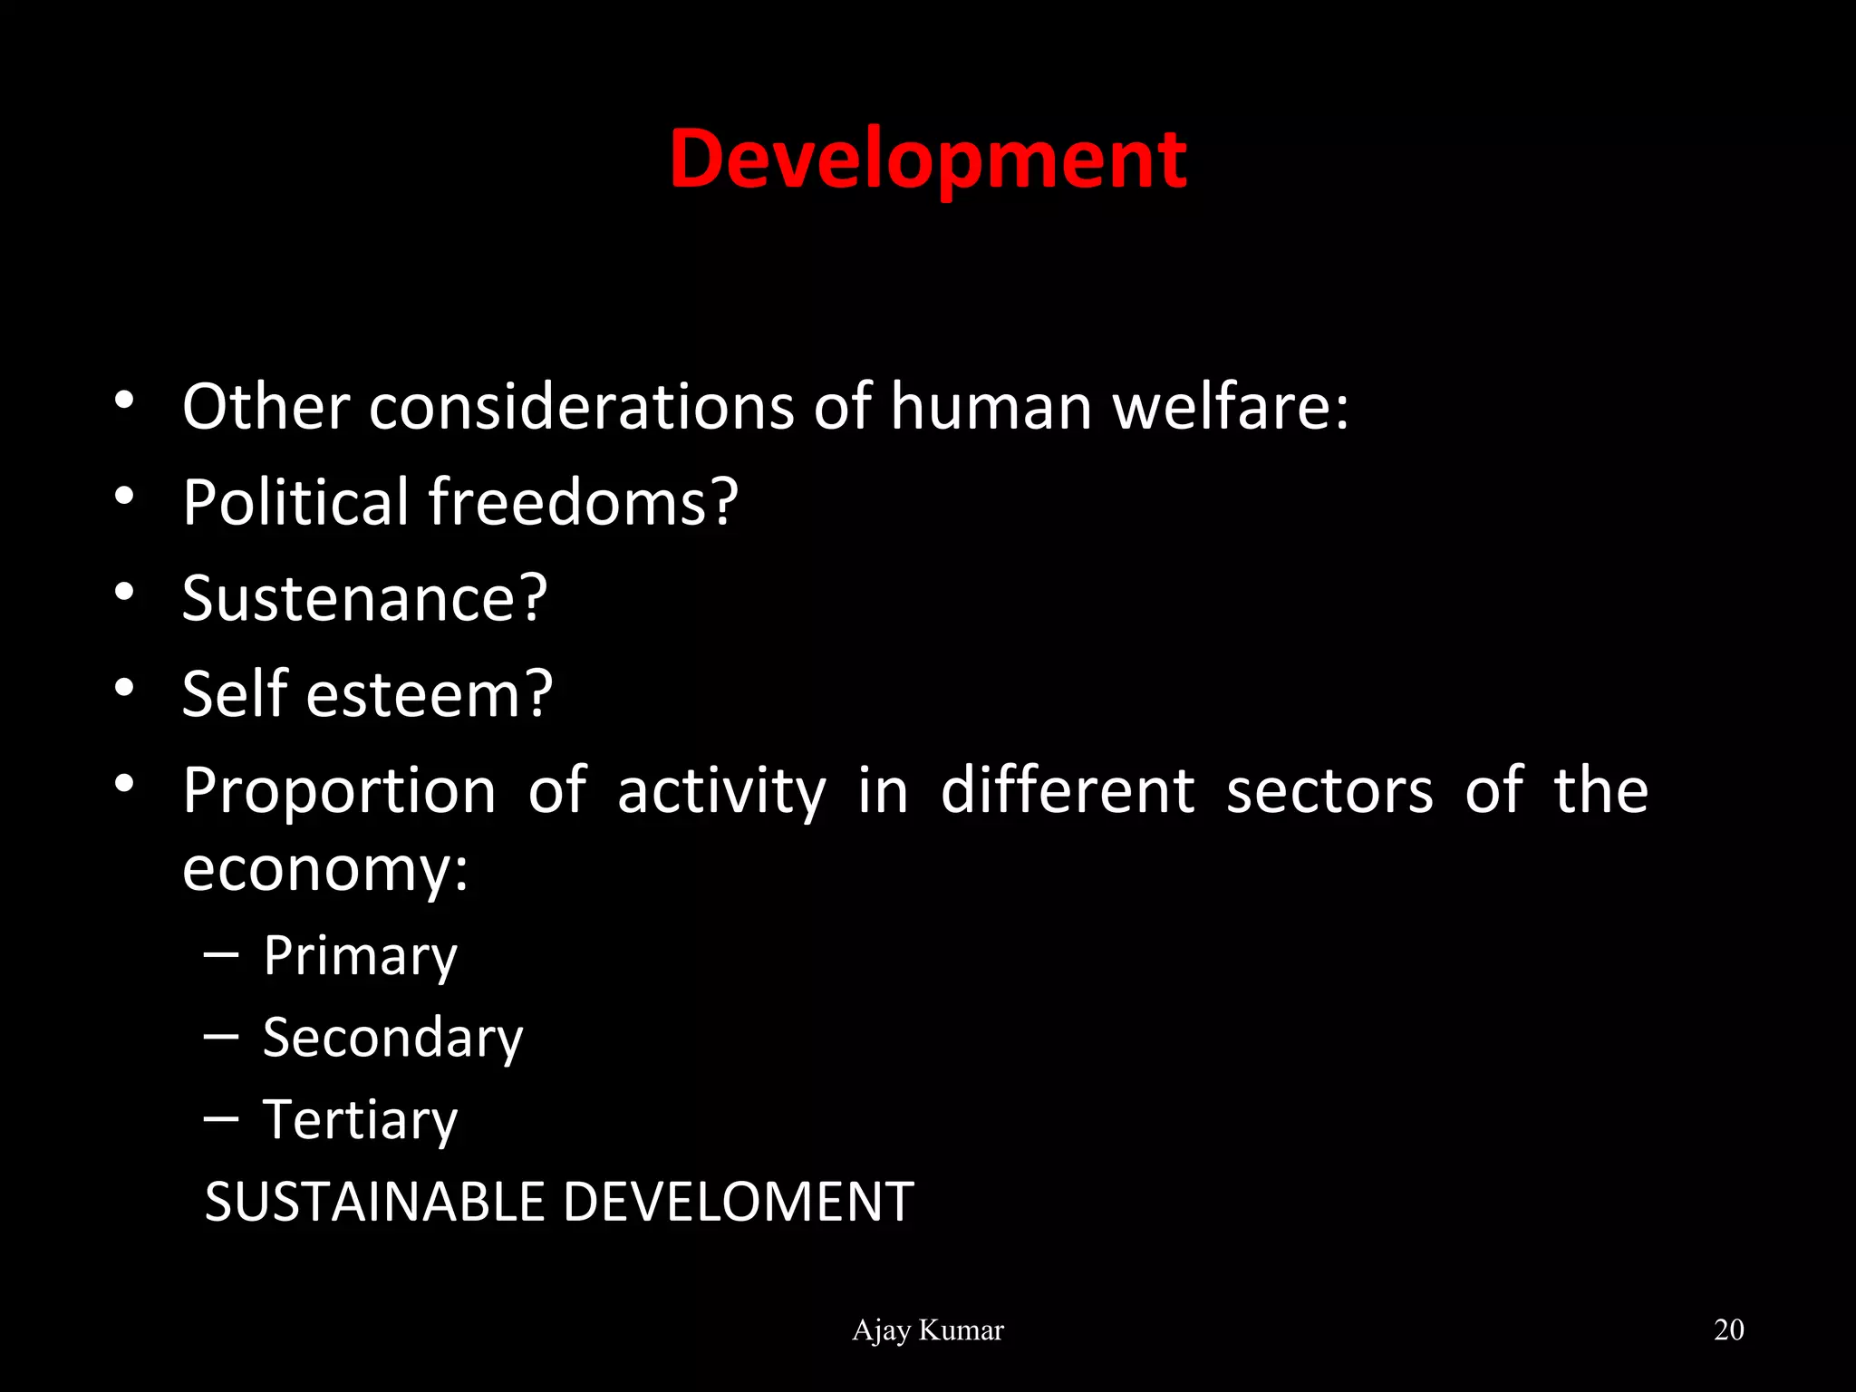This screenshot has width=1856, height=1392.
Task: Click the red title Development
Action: (x=928, y=159)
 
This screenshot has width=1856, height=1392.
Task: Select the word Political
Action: (x=295, y=502)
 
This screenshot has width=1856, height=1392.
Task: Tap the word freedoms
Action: (x=583, y=502)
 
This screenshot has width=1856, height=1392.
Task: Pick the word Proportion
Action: (x=339, y=792)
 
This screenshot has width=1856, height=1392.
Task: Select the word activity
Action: (x=721, y=792)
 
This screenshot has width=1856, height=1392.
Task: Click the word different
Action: (x=1068, y=790)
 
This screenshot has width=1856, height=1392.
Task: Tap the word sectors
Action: (x=1329, y=792)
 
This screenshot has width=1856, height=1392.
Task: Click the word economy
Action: (x=324, y=870)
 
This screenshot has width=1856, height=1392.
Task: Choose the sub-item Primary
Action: (x=360, y=957)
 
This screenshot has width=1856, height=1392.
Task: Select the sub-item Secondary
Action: (x=392, y=1038)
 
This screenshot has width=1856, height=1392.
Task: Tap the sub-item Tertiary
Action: (x=360, y=1121)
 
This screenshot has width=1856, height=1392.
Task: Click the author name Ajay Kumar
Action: (x=928, y=1330)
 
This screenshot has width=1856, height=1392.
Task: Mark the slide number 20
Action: (x=1729, y=1329)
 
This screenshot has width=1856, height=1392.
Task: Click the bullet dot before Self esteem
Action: (x=124, y=687)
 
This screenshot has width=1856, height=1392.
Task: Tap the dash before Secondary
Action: (x=221, y=1034)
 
